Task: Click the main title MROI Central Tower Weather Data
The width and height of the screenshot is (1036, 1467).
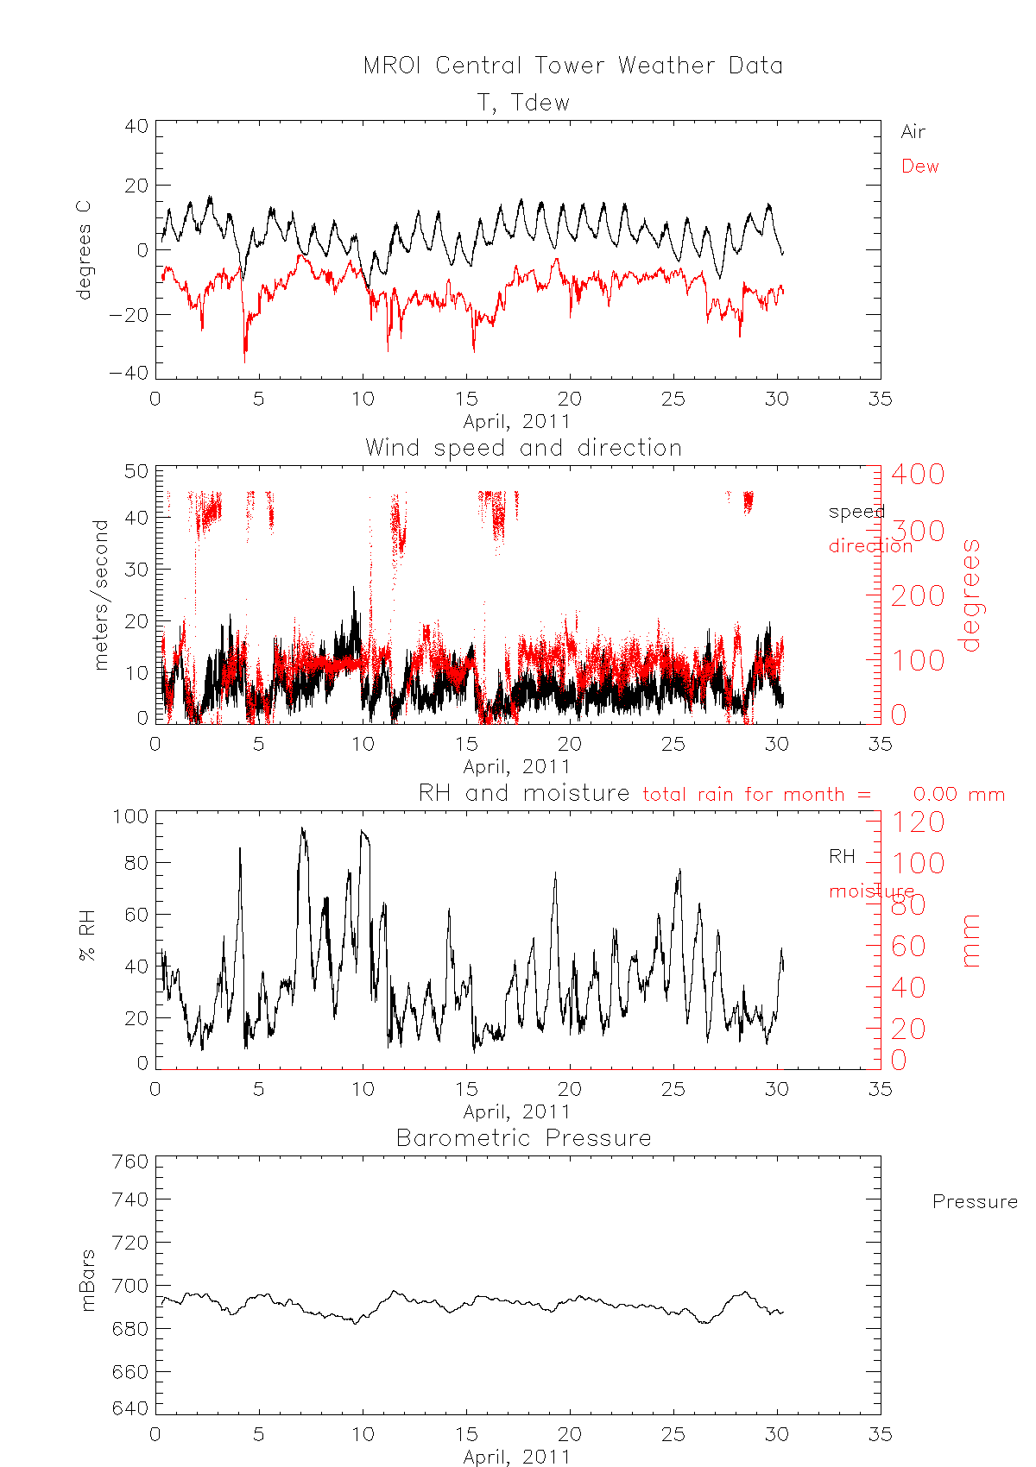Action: (x=572, y=66)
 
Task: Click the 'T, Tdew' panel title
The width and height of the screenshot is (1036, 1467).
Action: (x=524, y=103)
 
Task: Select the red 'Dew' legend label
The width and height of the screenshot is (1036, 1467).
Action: (x=919, y=167)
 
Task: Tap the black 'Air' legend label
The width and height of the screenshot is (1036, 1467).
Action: (x=913, y=132)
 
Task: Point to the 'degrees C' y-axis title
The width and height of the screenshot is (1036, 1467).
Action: (x=83, y=250)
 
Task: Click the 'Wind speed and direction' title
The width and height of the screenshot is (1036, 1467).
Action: (x=523, y=448)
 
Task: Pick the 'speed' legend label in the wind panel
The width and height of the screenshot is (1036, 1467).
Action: (x=856, y=512)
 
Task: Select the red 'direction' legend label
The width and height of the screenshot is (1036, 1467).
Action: (x=870, y=545)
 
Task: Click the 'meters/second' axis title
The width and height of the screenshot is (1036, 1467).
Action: (x=101, y=595)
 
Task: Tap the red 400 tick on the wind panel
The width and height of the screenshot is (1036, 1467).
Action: (x=918, y=474)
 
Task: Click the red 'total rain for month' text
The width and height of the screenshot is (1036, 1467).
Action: (x=756, y=794)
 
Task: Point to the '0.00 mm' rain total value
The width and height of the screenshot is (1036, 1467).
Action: (x=958, y=794)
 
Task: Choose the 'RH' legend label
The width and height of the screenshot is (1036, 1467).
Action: (x=842, y=856)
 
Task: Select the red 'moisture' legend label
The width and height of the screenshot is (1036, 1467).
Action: (x=871, y=891)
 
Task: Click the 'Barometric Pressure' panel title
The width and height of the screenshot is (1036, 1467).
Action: (x=523, y=1138)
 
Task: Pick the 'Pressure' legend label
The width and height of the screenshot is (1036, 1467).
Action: (x=975, y=1202)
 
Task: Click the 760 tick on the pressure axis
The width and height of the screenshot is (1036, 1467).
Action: (x=130, y=1162)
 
